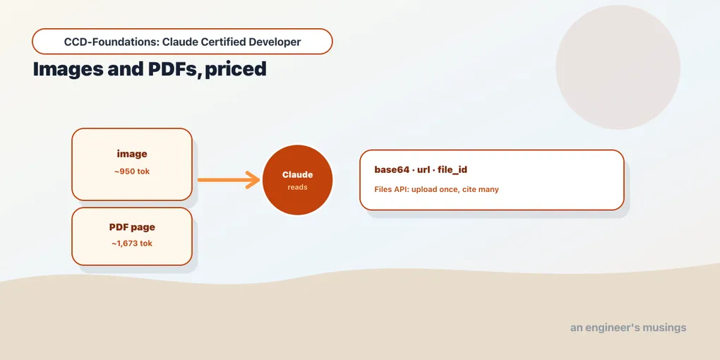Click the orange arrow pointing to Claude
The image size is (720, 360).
(229, 179)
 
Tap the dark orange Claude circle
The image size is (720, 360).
(298, 180)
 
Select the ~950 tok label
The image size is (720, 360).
(132, 172)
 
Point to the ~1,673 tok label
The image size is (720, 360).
(132, 244)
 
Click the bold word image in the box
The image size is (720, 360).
(132, 155)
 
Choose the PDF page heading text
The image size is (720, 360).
(132, 227)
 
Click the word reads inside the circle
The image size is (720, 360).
(298, 187)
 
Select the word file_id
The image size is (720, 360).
(452, 170)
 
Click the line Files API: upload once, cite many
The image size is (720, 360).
(437, 189)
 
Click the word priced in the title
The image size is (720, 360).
(236, 70)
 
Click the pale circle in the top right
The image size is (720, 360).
(618, 67)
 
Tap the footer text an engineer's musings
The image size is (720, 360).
(628, 328)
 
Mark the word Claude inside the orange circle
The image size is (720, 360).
(298, 175)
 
